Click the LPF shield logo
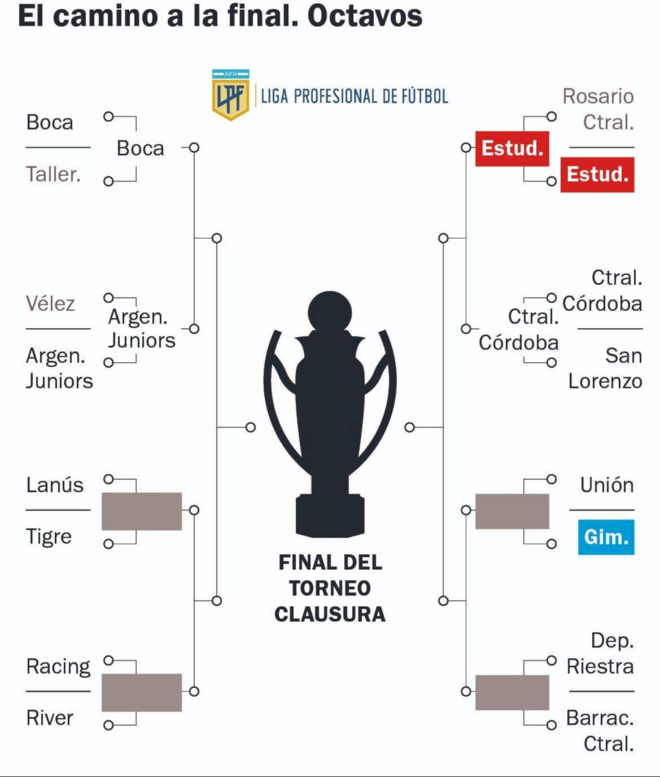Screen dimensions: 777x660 click(x=230, y=95)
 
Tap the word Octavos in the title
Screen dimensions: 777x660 click(x=365, y=16)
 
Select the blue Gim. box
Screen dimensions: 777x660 click(x=606, y=536)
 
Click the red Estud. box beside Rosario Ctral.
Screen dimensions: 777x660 click(x=597, y=175)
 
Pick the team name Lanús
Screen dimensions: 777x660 click(x=55, y=485)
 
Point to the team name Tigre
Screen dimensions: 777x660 click(x=49, y=536)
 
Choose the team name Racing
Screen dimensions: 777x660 click(x=58, y=666)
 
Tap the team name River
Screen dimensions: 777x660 click(x=50, y=718)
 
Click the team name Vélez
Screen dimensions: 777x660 click(x=50, y=303)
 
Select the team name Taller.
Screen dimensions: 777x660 click(x=53, y=174)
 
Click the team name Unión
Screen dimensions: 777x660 click(x=606, y=485)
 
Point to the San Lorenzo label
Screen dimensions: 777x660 click(x=605, y=368)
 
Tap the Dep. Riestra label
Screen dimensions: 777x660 click(x=600, y=653)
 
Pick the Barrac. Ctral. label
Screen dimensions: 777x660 click(x=600, y=731)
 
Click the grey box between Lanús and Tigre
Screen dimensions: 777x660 click(x=142, y=511)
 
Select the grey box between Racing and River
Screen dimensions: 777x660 click(x=142, y=692)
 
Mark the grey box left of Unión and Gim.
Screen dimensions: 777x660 click(x=512, y=511)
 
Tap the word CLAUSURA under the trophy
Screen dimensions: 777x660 click(x=330, y=614)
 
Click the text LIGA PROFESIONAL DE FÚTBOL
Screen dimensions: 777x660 click(x=355, y=96)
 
